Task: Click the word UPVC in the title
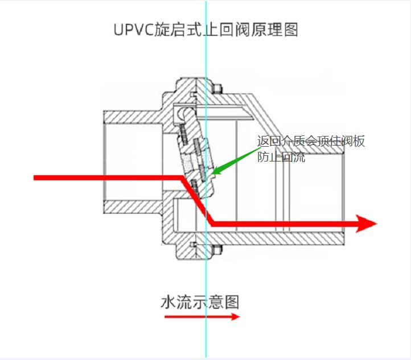point(134,30)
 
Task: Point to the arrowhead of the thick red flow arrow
point(367,224)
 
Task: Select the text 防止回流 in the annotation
point(281,158)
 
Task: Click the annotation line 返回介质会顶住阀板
point(310,142)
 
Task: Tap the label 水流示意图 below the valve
point(200,301)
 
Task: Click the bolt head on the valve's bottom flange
point(217,248)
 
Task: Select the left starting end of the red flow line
point(36,178)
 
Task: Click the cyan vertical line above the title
point(206,9)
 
